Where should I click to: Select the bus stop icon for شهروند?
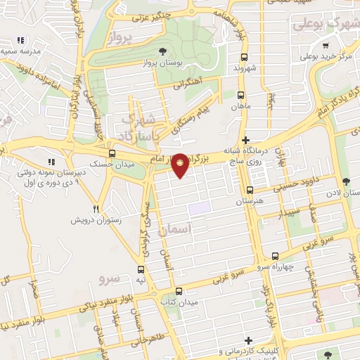pos(244,58)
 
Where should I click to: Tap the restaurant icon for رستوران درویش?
pos(96,209)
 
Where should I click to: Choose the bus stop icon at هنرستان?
pos(250,190)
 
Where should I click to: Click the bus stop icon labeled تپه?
pos(141,269)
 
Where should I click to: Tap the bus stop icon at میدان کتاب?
pos(179,291)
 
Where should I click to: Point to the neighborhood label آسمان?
pos(175,229)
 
